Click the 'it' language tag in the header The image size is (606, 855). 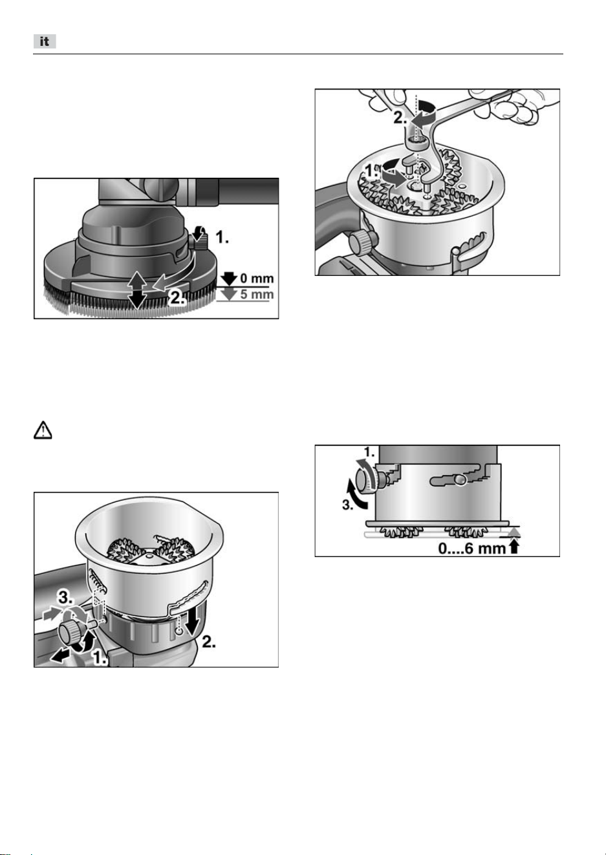pos(45,41)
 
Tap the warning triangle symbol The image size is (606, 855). pos(43,430)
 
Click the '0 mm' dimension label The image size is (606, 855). pos(257,278)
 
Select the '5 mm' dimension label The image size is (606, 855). pos(257,294)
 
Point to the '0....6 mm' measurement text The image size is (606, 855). pos(472,549)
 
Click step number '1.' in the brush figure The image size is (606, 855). pos(222,237)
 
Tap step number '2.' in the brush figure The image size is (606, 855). pos(178,298)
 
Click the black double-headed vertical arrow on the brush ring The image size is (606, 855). pos(137,290)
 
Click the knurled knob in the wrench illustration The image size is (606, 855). pos(361,242)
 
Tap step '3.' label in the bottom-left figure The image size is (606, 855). pos(65,598)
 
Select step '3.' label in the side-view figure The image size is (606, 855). pos(347,505)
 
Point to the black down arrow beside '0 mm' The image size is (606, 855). pos(228,279)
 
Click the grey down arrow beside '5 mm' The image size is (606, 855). pos(228,294)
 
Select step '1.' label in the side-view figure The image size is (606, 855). pos(369,452)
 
